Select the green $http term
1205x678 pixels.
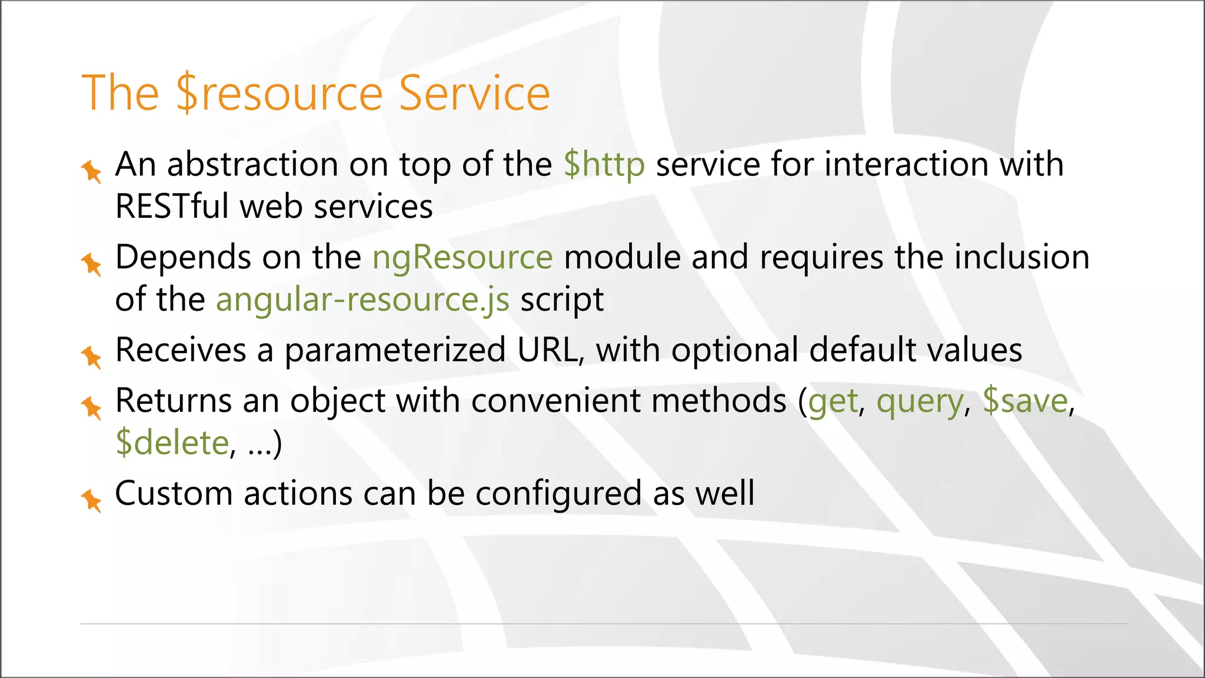click(x=604, y=164)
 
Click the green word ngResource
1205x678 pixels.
click(x=462, y=258)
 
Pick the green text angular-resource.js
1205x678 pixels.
click(x=362, y=300)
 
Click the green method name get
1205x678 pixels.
click(x=833, y=401)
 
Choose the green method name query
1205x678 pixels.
click(x=920, y=401)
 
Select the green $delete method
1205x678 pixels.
click(x=172, y=443)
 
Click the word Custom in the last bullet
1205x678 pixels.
click(x=174, y=494)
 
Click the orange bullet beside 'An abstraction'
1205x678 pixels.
click(x=92, y=171)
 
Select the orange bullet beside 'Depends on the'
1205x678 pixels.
click(x=92, y=264)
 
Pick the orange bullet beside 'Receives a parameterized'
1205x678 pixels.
click(x=92, y=357)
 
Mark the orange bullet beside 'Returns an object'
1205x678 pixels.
click(x=92, y=408)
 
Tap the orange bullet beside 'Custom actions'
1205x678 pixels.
click(x=92, y=501)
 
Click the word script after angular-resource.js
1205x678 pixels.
click(x=562, y=300)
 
